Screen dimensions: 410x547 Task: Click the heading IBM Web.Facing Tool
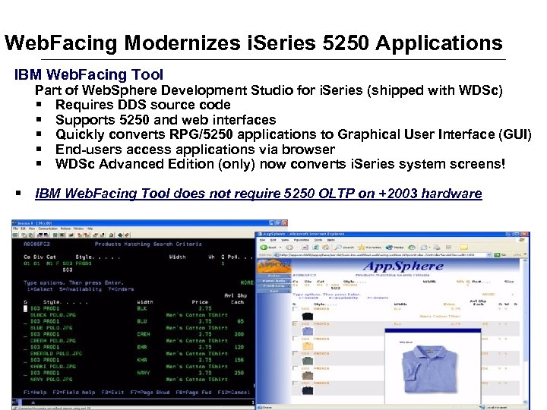[89, 74]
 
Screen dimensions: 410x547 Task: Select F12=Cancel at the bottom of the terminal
[232, 393]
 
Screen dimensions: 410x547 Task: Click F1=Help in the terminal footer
[36, 393]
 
